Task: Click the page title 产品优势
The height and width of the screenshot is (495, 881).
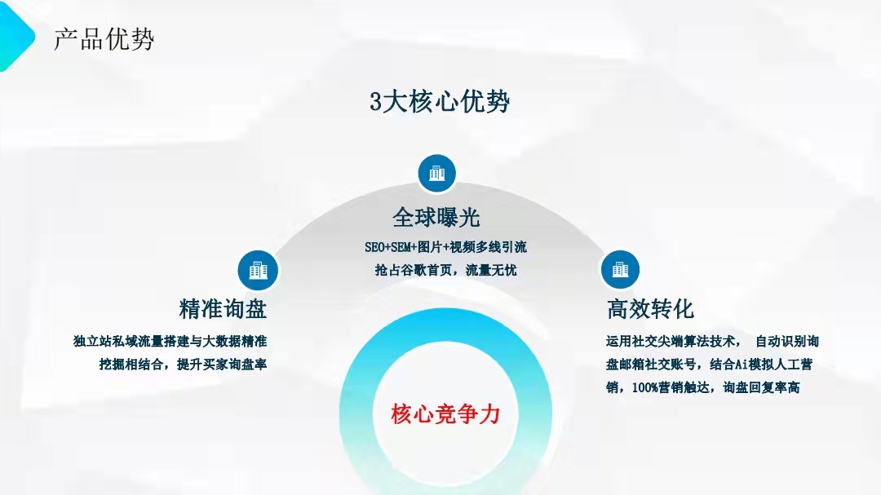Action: [104, 39]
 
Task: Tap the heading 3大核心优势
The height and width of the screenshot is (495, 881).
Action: [440, 102]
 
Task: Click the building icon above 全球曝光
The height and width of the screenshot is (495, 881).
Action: [436, 173]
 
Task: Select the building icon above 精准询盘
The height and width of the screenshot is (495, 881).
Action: [258, 270]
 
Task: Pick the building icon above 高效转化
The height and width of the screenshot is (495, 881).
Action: [620, 270]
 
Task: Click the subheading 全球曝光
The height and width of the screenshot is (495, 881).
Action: [436, 218]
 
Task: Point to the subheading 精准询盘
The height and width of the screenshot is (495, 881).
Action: [223, 309]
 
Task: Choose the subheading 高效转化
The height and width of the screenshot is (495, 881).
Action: [651, 309]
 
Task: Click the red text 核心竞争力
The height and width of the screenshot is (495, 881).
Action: [445, 414]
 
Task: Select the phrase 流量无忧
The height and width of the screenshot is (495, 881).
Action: [491, 270]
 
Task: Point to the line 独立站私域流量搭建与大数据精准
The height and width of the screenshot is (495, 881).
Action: [170, 341]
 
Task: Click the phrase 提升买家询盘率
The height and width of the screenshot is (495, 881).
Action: [222, 364]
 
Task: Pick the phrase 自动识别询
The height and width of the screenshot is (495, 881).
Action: [787, 341]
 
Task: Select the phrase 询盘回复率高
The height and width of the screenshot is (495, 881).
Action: [761, 387]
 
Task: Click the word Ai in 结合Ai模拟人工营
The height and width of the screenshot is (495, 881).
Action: [742, 364]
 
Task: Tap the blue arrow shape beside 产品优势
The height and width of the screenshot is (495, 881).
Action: [15, 37]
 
